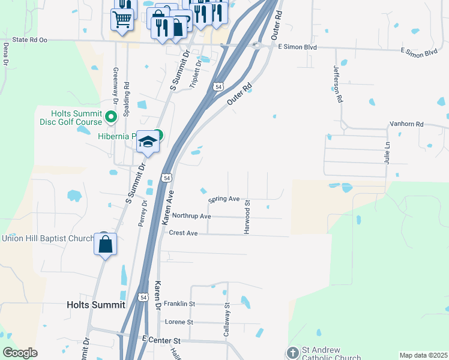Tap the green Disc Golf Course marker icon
tap(111, 117)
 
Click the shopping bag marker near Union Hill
tap(106, 245)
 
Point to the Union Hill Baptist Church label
tap(48, 238)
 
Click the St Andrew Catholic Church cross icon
tap(292, 352)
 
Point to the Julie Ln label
tap(388, 153)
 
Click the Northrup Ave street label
tap(191, 215)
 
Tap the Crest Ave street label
tap(183, 233)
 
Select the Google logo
tap(20, 353)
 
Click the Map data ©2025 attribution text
tap(423, 355)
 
